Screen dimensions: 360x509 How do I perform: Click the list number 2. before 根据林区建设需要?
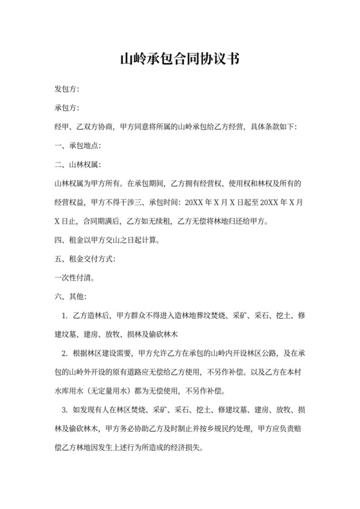pos(65,355)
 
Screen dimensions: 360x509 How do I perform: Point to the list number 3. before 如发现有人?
pos(65,411)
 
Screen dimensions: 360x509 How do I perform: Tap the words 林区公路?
pos(260,355)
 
